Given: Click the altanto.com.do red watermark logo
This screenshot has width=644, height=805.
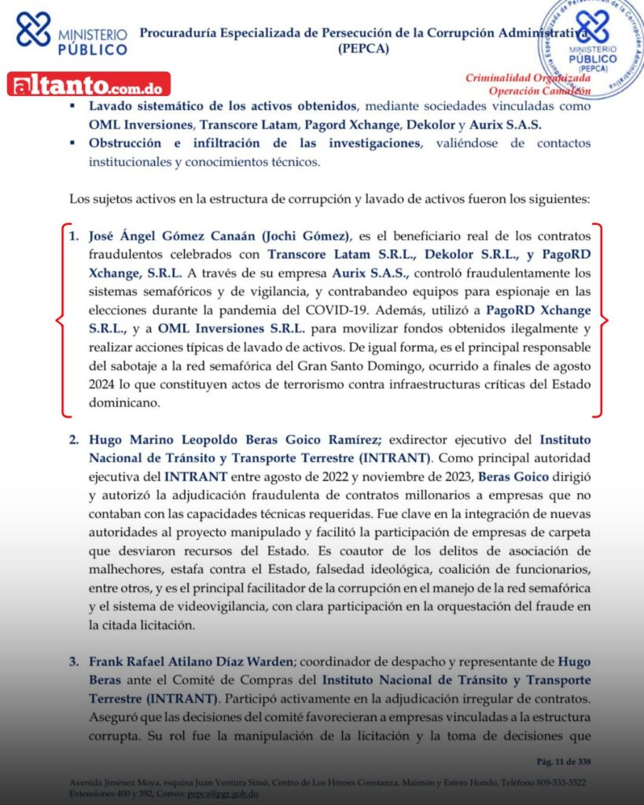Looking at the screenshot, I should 88,84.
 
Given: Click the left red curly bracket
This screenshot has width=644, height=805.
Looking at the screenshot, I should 61,320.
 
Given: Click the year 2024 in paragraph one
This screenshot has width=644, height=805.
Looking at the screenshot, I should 86,385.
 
